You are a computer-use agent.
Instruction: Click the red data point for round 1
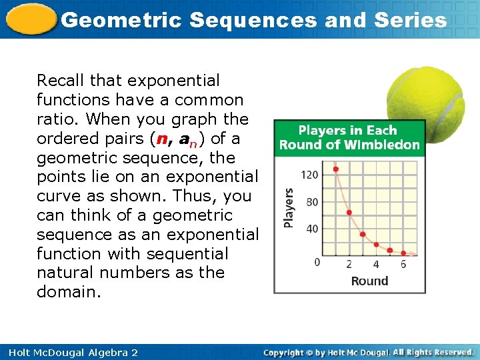335,169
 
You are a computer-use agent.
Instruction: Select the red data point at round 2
349,213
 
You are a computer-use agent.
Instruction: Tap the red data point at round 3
363,235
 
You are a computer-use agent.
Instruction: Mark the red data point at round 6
404,253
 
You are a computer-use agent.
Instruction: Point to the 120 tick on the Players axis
310,175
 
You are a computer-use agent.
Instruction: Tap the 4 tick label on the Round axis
376,265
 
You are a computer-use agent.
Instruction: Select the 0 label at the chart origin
317,262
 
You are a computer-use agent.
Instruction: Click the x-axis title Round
369,281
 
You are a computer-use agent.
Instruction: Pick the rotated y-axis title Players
289,208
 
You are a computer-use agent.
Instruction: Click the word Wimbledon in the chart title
387,145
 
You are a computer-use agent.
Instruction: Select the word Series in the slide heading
411,20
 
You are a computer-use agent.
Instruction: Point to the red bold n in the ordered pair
159,139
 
